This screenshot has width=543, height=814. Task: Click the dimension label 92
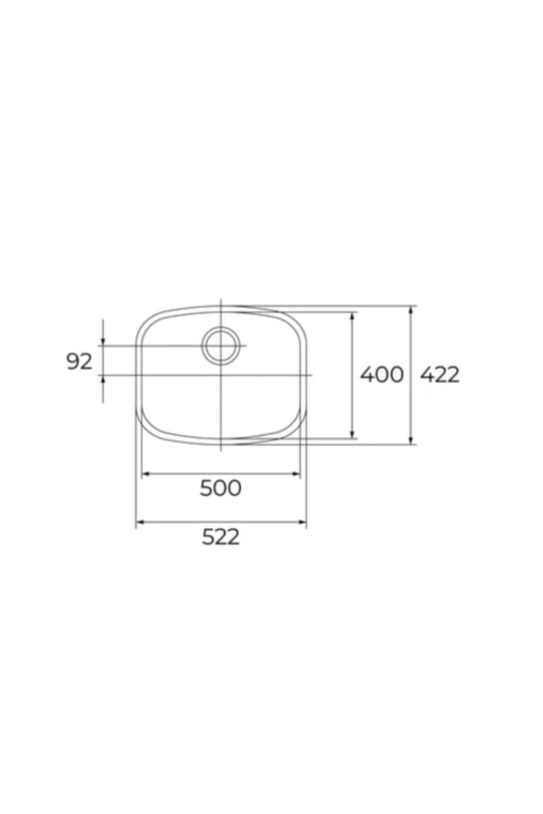[x=79, y=362]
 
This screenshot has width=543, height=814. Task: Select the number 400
[x=381, y=375]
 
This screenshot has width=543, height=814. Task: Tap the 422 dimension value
[x=440, y=375]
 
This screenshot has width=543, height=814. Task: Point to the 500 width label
[x=221, y=488]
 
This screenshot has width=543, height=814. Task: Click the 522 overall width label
[x=221, y=537]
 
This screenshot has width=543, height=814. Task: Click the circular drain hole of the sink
[x=220, y=345]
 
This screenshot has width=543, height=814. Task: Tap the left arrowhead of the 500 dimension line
[x=146, y=474]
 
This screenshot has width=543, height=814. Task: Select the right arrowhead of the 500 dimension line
[x=296, y=474]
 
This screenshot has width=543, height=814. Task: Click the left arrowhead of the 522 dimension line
[x=140, y=522]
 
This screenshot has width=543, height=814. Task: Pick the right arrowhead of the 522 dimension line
[x=302, y=522]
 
